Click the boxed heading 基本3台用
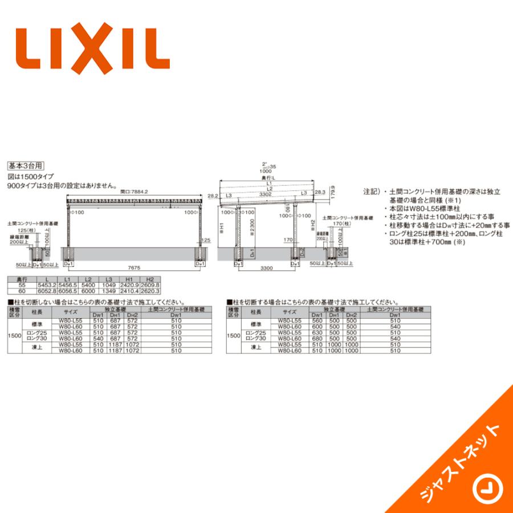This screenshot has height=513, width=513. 25,166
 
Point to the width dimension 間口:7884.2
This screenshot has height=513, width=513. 135,192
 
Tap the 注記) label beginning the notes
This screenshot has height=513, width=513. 370,193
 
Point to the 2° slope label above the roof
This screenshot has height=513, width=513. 264,164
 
